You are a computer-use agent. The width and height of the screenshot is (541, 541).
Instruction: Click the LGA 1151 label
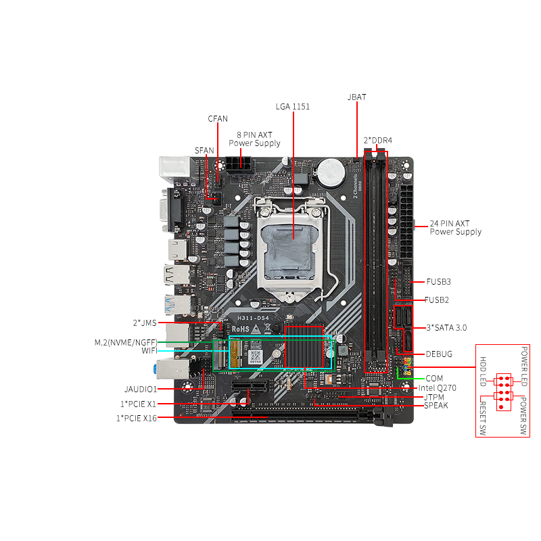tap(293, 106)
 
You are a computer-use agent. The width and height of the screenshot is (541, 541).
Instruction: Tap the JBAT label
tap(356, 97)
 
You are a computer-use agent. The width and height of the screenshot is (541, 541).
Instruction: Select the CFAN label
tap(218, 119)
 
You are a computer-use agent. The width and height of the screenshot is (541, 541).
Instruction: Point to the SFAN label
tap(204, 150)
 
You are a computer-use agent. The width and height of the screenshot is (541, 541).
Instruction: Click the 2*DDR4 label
tap(378, 140)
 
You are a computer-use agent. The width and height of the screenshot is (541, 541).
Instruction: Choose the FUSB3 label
tap(438, 281)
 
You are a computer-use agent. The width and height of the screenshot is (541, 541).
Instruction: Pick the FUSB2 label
tap(437, 300)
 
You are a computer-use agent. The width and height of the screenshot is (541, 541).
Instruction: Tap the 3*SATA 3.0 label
tap(446, 327)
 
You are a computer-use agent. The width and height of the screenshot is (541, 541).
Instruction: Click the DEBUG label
tap(439, 354)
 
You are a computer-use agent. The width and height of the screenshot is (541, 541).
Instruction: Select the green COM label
tap(434, 378)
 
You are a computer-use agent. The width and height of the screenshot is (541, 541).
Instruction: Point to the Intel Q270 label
tap(438, 388)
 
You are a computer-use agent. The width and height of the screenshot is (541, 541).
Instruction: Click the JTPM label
tap(434, 397)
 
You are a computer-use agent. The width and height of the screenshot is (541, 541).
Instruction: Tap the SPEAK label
tap(436, 406)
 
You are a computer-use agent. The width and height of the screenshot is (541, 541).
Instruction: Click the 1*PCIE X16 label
tap(136, 419)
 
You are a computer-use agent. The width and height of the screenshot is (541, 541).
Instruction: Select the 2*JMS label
tap(145, 323)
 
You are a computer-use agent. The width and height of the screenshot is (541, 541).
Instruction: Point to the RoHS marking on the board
tap(241, 329)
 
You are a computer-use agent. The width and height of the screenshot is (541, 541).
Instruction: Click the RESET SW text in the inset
tap(483, 420)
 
